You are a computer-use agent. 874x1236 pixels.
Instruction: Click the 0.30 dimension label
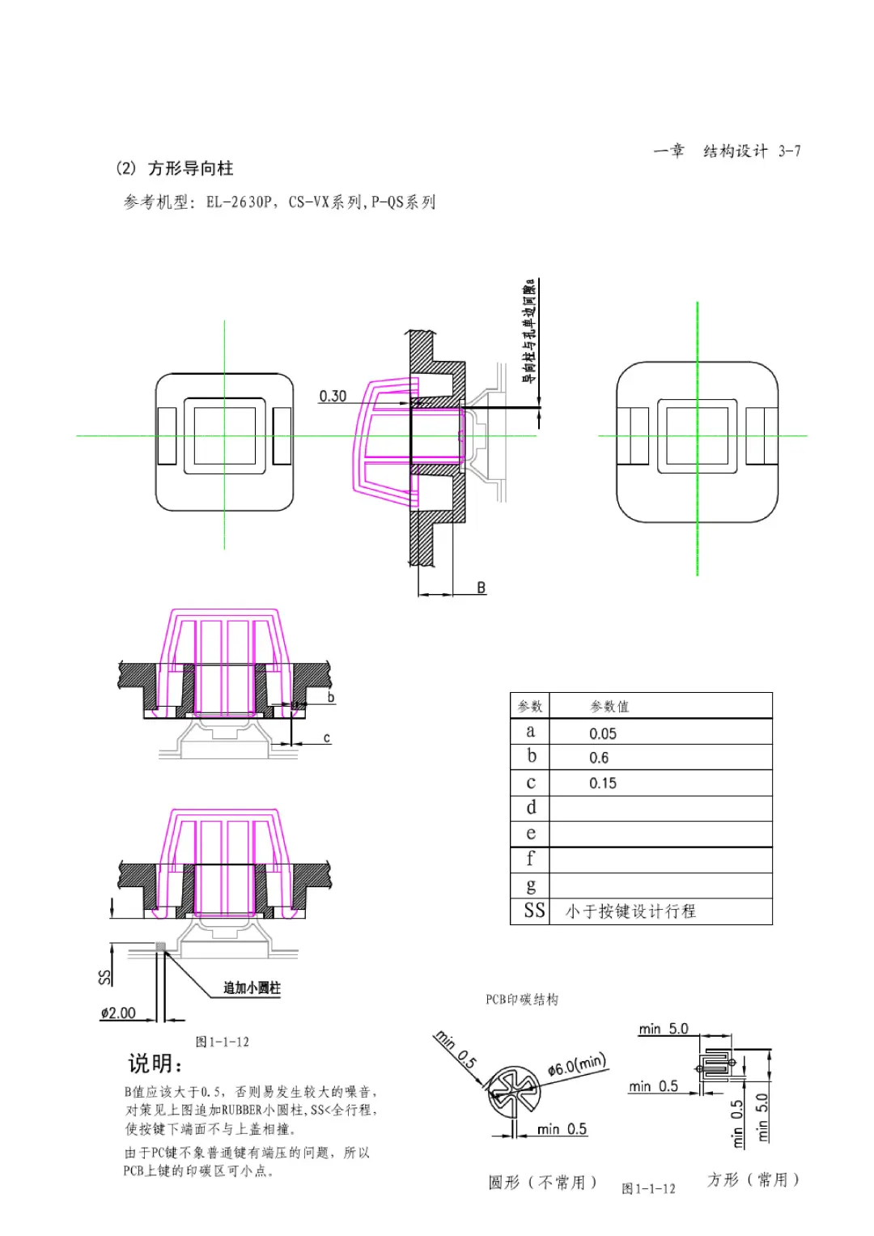pyautogui.click(x=332, y=396)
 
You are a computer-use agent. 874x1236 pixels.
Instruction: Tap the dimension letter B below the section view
pyautogui.click(x=481, y=588)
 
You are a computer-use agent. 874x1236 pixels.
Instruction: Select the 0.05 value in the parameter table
pyautogui.click(x=602, y=733)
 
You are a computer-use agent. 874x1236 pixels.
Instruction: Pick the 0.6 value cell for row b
pyautogui.click(x=599, y=758)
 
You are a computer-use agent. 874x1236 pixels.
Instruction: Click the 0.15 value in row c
pyautogui.click(x=602, y=783)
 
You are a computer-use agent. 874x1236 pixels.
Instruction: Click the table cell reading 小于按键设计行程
pyautogui.click(x=630, y=911)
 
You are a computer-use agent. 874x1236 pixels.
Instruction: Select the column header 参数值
pyautogui.click(x=609, y=707)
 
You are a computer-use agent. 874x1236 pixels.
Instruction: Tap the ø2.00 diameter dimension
pyautogui.click(x=118, y=1013)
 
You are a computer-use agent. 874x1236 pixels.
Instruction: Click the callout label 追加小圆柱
pyautogui.click(x=252, y=988)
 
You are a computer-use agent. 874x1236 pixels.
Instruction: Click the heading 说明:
pyautogui.click(x=156, y=1064)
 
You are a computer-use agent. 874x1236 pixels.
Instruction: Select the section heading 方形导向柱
pyautogui.click(x=190, y=168)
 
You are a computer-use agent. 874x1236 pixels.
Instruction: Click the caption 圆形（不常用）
pyautogui.click(x=542, y=1183)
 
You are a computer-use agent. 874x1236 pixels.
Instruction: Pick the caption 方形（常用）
pyautogui.click(x=753, y=1179)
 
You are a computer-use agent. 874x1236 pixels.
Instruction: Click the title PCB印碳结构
pyautogui.click(x=522, y=1000)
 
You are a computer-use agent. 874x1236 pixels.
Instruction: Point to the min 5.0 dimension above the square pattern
pyautogui.click(x=663, y=1029)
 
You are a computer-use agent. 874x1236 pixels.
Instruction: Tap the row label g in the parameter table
pyautogui.click(x=531, y=886)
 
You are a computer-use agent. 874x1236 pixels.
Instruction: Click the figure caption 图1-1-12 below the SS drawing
pyautogui.click(x=222, y=1042)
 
